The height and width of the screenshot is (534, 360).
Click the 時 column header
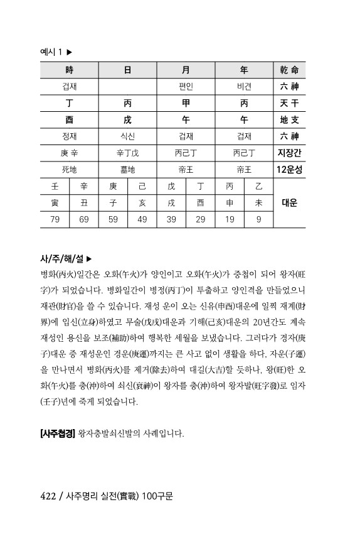click(x=69, y=70)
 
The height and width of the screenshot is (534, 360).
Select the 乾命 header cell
click(x=289, y=70)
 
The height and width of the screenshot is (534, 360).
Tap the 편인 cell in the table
click(x=186, y=86)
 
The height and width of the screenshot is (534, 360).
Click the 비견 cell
click(x=244, y=86)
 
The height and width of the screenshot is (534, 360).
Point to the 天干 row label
click(x=289, y=102)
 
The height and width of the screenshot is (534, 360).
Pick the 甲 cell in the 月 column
click(x=186, y=102)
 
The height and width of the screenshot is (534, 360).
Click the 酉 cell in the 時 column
click(x=69, y=119)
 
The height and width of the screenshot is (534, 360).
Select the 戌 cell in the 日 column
click(x=127, y=119)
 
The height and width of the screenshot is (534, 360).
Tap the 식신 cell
click(x=127, y=136)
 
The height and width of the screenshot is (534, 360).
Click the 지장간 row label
click(x=289, y=153)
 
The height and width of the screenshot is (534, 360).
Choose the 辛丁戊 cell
click(x=127, y=153)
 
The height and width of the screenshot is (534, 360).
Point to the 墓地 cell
click(x=127, y=170)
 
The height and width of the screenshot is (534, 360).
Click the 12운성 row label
click(x=289, y=170)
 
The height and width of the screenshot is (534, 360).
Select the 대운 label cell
click(x=289, y=203)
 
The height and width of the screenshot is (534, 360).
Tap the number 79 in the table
click(x=55, y=219)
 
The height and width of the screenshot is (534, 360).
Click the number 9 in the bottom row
click(x=258, y=219)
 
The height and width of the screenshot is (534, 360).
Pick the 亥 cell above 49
click(x=142, y=203)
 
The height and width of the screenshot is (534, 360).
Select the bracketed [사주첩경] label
click(x=57, y=433)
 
